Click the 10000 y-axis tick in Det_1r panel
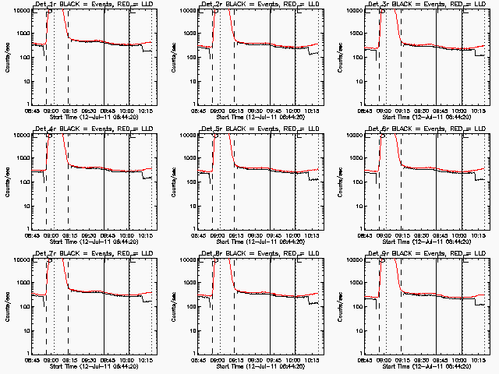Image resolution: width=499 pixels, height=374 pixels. pyautogui.click(x=18, y=11)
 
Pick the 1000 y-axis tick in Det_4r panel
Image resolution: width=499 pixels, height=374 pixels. pyautogui.click(x=20, y=159)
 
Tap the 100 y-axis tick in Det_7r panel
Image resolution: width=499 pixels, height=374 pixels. pyautogui.click(x=22, y=308)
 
